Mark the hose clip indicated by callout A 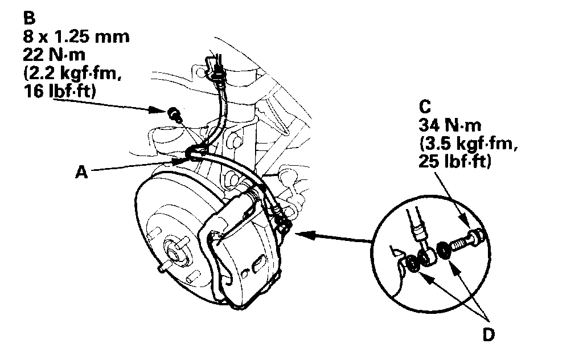[x=195, y=153]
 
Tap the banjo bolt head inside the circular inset [x=476, y=235]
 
